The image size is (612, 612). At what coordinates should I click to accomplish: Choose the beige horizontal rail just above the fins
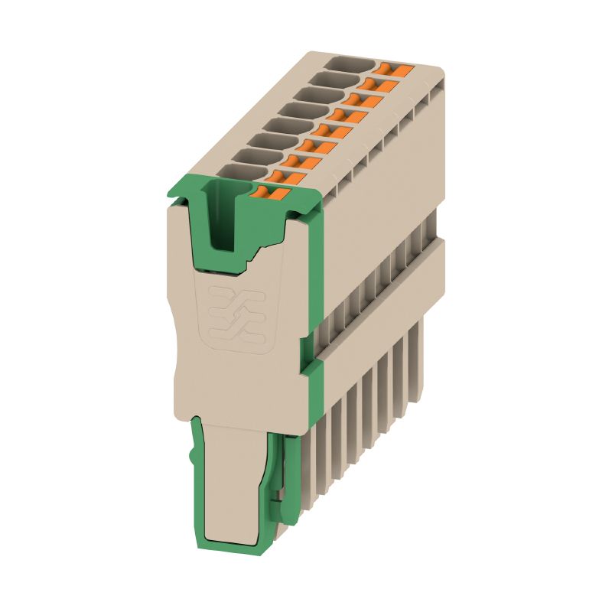coord(382,306)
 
